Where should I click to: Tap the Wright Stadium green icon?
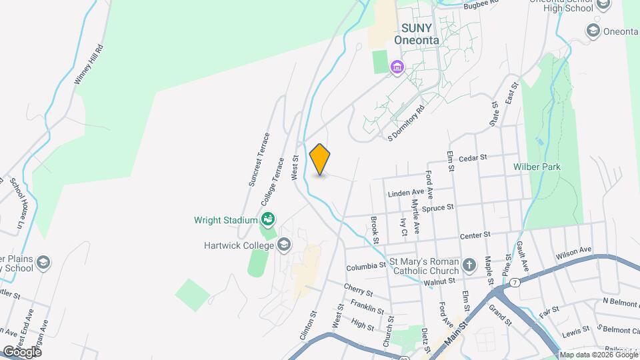[268, 218]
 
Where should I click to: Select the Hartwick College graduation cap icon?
[285, 245]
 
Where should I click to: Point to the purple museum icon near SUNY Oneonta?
[397, 67]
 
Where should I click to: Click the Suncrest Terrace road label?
[259, 159]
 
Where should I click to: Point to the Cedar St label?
[474, 158]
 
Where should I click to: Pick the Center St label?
[475, 235]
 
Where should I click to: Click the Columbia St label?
[366, 265]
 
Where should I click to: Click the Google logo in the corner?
[22, 351]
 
